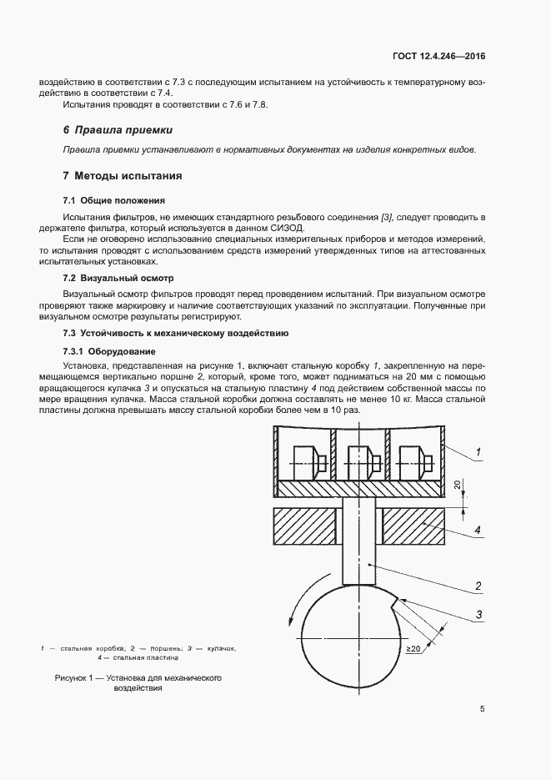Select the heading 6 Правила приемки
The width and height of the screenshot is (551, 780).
tap(118, 130)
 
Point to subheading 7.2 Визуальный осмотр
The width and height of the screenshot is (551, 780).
tap(118, 277)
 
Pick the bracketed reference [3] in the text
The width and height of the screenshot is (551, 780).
tap(387, 217)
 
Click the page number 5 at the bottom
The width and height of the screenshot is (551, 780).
tap(483, 709)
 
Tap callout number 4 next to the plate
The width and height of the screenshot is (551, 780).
tap(478, 529)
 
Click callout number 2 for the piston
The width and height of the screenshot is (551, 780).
tap(478, 585)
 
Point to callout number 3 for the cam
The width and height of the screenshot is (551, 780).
tap(478, 616)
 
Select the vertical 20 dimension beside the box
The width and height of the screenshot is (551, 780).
tap(457, 485)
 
